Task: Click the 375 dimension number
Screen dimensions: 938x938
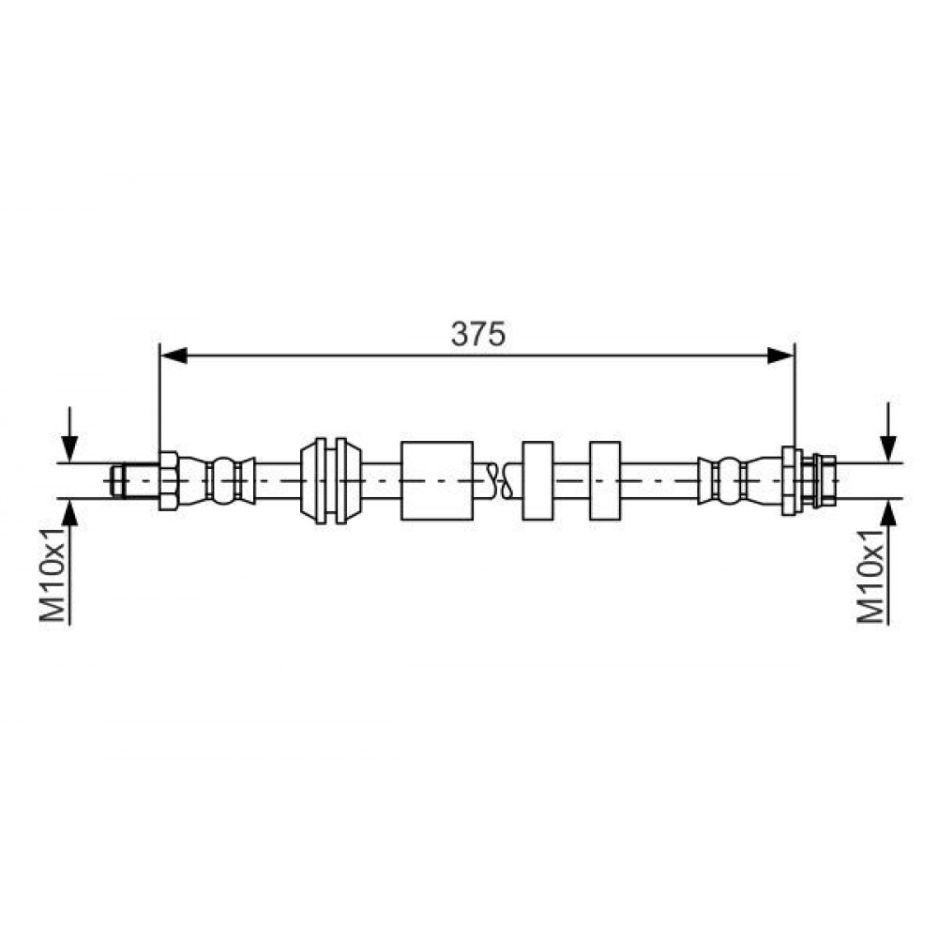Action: tap(478, 334)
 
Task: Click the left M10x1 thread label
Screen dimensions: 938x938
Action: tap(53, 575)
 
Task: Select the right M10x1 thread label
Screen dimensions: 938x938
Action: tap(871, 575)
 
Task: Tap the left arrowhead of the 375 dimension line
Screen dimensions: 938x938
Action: tap(174, 356)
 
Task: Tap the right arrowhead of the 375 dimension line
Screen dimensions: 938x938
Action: tap(780, 356)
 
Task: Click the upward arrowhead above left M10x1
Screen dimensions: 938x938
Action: tap(70, 511)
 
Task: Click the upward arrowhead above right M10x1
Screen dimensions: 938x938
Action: tap(889, 511)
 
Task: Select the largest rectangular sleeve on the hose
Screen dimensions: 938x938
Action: tap(437, 480)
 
